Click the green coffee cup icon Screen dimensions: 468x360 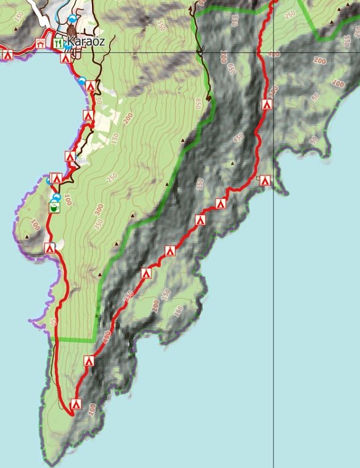point(53,208)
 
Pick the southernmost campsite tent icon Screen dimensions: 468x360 point(76,404)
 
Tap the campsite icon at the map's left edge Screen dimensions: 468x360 point(8,55)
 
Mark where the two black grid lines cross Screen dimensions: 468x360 point(273,52)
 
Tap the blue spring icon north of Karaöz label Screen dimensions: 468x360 point(73,19)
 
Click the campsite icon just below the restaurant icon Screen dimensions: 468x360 point(65,59)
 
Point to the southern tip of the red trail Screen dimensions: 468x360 point(71,415)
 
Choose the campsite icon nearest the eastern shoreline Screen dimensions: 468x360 point(264,180)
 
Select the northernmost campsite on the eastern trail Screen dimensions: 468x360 point(267,104)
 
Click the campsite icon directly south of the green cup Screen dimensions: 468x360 point(50,248)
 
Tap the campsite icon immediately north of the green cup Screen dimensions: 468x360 point(56,178)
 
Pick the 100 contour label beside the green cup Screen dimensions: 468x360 point(68,199)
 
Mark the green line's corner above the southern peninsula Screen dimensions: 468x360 point(96,338)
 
